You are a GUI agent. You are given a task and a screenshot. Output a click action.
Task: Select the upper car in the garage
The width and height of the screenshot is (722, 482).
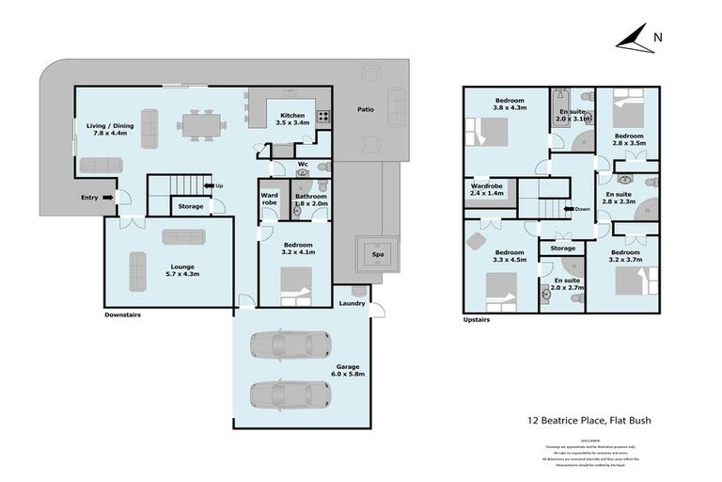(x=290, y=344)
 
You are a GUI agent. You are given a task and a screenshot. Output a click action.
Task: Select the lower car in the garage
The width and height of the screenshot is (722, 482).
(x=290, y=392)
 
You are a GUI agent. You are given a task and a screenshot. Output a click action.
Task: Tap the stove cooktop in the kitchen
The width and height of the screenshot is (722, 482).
(x=322, y=118)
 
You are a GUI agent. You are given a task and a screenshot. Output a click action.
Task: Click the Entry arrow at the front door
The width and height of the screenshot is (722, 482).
(x=107, y=197)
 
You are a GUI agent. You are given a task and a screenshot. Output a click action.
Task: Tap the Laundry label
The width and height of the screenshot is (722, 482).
(x=353, y=303)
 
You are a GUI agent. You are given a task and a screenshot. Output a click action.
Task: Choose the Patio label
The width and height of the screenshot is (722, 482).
(x=365, y=109)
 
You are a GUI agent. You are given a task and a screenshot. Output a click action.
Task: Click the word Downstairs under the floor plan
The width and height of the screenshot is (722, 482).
(x=122, y=315)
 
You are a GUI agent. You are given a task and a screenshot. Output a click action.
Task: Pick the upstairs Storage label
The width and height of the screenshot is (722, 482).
(x=562, y=248)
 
